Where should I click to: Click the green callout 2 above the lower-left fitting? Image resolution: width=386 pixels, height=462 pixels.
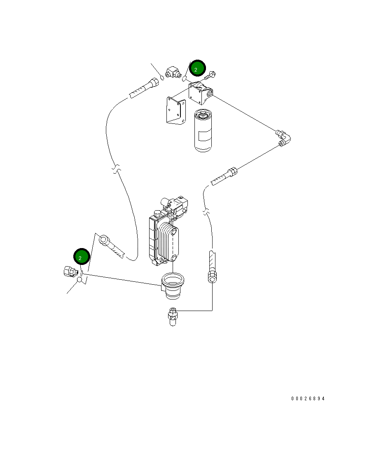point(81,257)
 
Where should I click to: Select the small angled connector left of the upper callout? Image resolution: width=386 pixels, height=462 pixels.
point(173,73)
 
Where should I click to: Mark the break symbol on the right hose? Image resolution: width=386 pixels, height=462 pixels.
point(206,212)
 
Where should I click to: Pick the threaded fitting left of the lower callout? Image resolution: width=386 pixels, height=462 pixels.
point(70,272)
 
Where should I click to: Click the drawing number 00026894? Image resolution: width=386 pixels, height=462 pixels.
point(308,399)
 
